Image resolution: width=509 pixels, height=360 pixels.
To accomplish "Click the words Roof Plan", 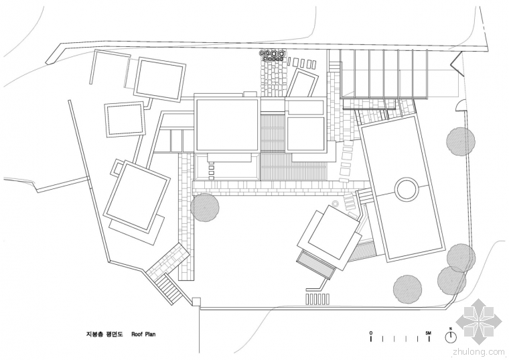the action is [143, 334].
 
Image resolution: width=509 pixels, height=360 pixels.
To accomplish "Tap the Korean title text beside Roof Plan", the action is [104, 334].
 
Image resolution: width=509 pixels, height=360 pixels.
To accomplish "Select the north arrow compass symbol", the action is [451, 337].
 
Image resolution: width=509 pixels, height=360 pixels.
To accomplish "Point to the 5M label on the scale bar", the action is [429, 333].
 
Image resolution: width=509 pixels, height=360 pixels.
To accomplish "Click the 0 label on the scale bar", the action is [371, 333].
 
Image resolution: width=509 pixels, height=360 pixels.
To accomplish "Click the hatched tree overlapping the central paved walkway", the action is [204, 207].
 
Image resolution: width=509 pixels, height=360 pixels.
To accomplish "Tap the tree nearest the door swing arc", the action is [461, 141].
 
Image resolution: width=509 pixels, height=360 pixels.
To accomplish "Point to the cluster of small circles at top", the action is [273, 56].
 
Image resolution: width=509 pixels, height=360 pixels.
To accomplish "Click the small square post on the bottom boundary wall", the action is [196, 302].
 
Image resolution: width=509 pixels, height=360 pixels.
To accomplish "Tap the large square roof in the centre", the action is [227, 125].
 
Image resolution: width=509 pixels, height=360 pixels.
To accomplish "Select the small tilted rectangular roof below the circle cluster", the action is [302, 83].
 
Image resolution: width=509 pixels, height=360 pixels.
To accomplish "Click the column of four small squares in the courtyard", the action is [212, 172].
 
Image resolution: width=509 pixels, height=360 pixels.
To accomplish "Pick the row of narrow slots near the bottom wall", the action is [317, 299].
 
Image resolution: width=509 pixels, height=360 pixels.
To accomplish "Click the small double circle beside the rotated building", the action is [335, 203].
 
